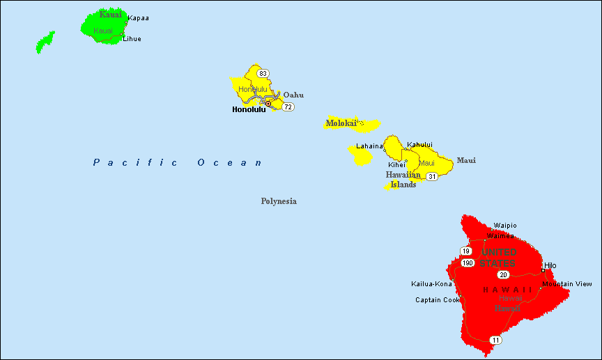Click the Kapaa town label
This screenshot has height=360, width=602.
click(138, 18)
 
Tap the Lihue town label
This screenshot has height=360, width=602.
click(132, 39)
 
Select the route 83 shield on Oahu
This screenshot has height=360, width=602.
click(263, 73)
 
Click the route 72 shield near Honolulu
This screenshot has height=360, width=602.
click(288, 107)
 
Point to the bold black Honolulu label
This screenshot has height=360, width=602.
click(249, 109)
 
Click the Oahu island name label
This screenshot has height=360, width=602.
click(293, 95)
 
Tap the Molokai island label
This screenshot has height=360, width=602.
click(341, 123)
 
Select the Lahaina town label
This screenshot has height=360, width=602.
click(369, 146)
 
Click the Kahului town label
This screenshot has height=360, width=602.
click(419, 145)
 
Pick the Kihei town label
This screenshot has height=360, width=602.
click(396, 165)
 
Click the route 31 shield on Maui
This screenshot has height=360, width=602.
click(432, 176)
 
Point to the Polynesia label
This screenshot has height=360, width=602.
click(279, 201)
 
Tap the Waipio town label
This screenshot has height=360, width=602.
click(505, 225)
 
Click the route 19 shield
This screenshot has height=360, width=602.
click(466, 251)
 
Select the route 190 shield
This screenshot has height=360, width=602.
click(468, 263)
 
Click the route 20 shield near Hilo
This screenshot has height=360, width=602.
click(503, 274)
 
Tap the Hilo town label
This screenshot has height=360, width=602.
click(550, 265)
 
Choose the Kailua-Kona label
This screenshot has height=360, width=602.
click(431, 284)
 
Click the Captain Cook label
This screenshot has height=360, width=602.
click(438, 300)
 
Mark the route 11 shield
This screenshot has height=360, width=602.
click(495, 340)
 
